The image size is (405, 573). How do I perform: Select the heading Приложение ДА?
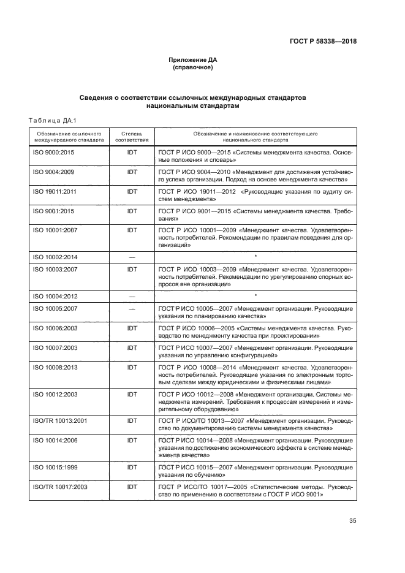(193, 60)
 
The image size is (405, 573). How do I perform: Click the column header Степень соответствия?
(132, 135)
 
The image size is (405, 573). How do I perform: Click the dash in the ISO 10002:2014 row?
(132, 257)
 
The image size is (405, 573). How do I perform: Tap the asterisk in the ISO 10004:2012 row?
(254, 295)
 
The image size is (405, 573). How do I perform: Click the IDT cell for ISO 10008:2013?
(132, 366)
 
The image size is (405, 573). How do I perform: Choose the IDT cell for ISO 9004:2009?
(132, 172)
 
